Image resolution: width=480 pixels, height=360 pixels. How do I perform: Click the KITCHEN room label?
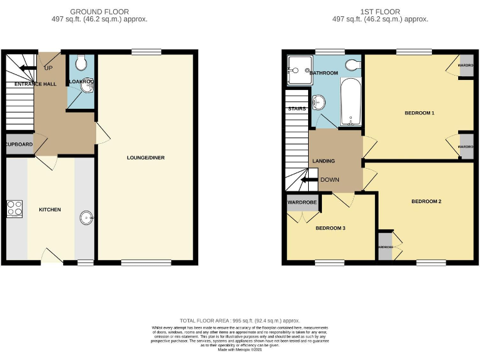click(x=50, y=209)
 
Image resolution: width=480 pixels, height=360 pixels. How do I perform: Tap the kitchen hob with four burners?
click(x=14, y=208)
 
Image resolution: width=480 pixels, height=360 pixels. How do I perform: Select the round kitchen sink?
click(x=86, y=218)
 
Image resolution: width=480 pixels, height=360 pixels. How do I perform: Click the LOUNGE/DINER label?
click(x=146, y=157)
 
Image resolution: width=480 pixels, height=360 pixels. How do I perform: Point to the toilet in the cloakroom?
click(x=80, y=63)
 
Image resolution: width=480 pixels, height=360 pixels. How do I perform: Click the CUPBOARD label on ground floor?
click(x=19, y=144)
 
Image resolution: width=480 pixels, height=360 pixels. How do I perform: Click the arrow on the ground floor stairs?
click(x=27, y=68)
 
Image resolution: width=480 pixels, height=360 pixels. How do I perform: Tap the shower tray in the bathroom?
click(x=298, y=70)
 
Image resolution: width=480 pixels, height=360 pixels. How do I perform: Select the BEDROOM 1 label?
click(x=419, y=113)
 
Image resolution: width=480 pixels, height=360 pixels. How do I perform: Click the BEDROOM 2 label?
click(x=426, y=201)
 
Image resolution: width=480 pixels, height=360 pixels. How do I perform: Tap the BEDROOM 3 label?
click(x=330, y=228)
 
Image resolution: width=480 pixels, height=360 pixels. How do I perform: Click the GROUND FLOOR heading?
click(x=99, y=12)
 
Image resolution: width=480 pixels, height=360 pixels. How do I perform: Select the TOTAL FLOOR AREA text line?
click(x=239, y=319)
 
